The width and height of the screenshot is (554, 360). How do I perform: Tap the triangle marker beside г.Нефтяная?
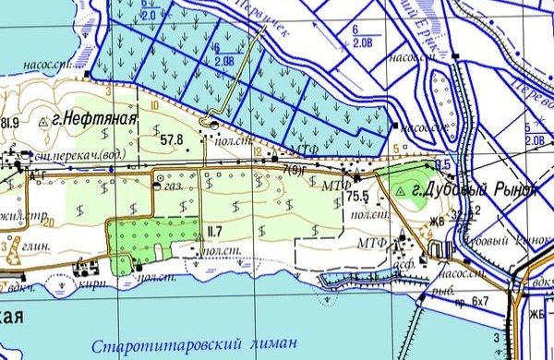point(47,121)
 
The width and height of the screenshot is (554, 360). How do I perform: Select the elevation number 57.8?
point(172,140)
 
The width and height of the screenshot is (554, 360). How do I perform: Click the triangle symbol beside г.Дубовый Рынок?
point(401,190)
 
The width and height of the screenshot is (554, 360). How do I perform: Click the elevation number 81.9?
point(10,123)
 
